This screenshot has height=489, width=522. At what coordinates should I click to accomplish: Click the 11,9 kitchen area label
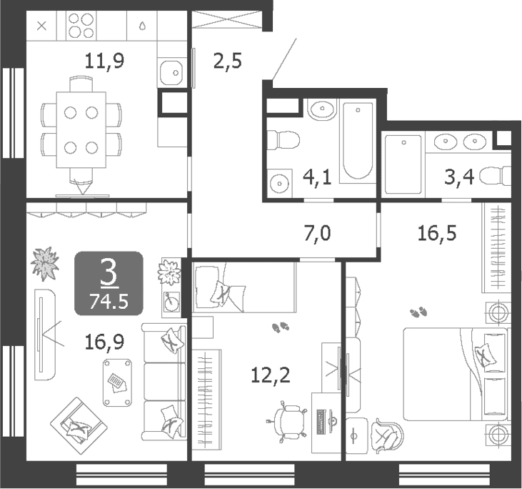(x=104, y=61)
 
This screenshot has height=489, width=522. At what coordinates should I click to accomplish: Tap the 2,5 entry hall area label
(x=227, y=61)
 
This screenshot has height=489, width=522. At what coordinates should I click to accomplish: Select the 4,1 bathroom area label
(x=317, y=177)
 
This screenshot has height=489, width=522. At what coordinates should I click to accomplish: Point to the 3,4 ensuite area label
(x=459, y=177)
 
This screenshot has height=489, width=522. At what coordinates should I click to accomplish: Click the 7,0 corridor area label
(x=317, y=232)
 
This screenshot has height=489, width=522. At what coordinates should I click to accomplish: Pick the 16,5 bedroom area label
(x=437, y=232)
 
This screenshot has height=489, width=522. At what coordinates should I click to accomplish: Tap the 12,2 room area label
(x=271, y=375)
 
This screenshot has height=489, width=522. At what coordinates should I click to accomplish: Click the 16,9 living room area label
(x=104, y=342)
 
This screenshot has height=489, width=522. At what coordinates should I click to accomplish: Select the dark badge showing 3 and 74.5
(x=109, y=284)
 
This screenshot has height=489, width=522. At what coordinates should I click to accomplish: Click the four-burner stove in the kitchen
(x=81, y=25)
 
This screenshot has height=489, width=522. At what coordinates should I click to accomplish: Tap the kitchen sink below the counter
(x=171, y=73)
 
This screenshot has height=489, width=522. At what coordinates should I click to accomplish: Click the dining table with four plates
(x=81, y=130)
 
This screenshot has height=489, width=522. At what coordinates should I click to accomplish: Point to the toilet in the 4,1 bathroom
(x=283, y=140)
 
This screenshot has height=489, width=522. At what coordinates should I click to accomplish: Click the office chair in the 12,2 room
(x=286, y=423)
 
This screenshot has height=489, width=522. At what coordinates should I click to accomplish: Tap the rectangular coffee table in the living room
(x=117, y=382)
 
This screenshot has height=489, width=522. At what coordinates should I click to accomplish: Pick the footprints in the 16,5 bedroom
(x=418, y=312)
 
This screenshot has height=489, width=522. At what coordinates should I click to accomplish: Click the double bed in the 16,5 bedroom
(x=456, y=374)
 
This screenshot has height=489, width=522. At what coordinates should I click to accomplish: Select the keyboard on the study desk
(x=321, y=422)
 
